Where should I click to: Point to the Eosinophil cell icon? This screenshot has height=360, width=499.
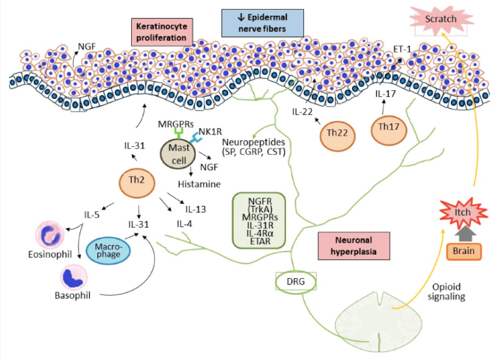coord(50,235)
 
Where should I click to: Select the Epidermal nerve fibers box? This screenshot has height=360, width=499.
coord(262,22)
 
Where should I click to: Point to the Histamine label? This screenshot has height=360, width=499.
coord(199,184)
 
